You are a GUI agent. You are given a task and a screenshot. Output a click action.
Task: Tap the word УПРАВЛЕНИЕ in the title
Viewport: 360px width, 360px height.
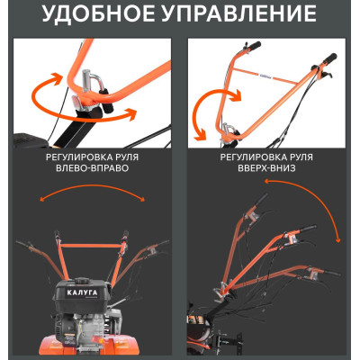[x=240, y=14]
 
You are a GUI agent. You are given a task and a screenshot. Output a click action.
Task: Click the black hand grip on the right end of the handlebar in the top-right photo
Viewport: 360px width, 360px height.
[x=328, y=58]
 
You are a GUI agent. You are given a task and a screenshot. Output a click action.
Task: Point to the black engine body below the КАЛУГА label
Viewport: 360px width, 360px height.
[x=88, y=319]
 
